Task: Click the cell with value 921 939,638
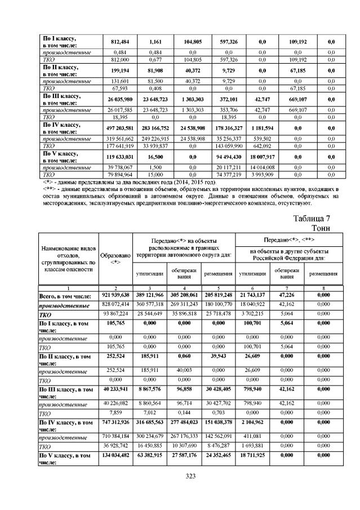(x=116, y=295)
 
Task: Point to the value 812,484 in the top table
(x=116, y=41)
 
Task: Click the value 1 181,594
(x=259, y=128)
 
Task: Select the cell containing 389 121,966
(x=149, y=295)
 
